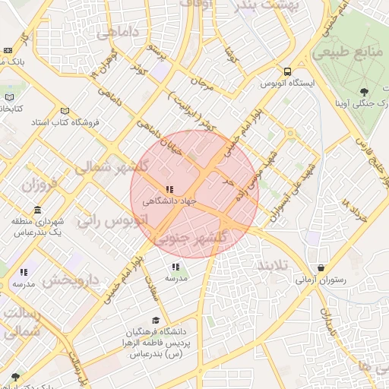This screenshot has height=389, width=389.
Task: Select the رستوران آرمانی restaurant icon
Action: (x=321, y=268)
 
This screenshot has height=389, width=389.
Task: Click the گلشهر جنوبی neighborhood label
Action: (x=191, y=238)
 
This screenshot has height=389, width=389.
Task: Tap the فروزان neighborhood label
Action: (x=40, y=185)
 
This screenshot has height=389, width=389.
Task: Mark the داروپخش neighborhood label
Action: (x=70, y=280)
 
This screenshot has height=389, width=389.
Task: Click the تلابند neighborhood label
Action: (x=272, y=266)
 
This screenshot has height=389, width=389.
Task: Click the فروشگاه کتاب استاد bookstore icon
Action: (x=65, y=110)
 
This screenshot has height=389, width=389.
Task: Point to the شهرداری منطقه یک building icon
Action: (x=38, y=210)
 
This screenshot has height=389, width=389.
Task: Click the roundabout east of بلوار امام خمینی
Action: (x=289, y=134)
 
